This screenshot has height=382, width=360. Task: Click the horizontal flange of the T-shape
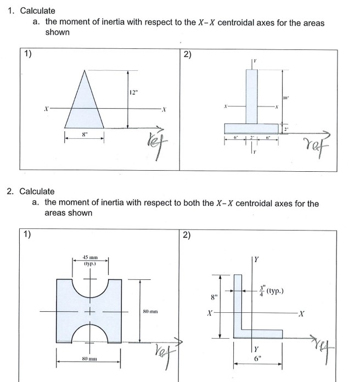pos(252,128)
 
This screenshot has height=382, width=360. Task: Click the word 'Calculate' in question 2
pos(37,192)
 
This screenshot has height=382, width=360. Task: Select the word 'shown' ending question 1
pos(57,32)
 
